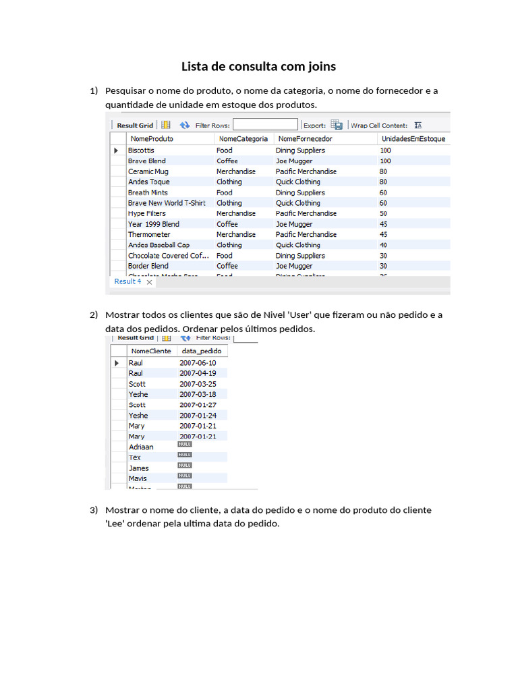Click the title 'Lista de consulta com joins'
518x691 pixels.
(258, 66)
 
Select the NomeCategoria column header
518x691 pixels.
(243, 138)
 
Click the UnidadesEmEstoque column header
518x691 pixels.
(413, 138)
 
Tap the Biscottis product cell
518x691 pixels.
(141, 150)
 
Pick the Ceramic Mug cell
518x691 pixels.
(148, 171)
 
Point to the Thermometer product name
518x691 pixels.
(149, 234)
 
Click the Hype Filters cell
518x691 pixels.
(146, 213)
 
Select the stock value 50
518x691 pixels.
(384, 213)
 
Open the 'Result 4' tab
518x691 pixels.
(128, 281)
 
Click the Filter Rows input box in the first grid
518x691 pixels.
(265, 125)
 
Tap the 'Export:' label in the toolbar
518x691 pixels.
(314, 126)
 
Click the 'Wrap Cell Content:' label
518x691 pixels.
(379, 126)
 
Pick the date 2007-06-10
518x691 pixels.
(198, 363)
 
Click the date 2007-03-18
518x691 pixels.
(198, 394)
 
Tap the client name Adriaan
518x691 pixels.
(141, 447)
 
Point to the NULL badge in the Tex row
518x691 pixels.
(185, 455)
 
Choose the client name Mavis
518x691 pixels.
(138, 478)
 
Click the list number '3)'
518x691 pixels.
(94, 510)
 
